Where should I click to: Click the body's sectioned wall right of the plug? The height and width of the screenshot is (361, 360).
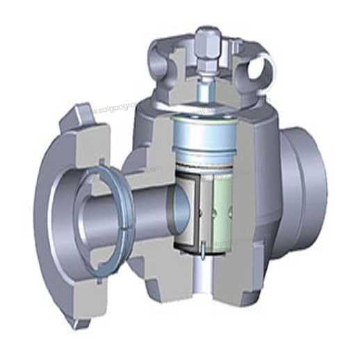(x=254, y=209)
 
